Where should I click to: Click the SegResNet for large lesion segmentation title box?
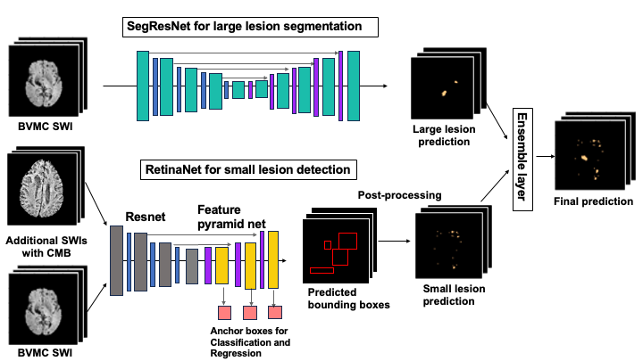point(250,27)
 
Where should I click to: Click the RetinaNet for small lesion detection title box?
point(248,169)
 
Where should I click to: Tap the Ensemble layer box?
point(522,160)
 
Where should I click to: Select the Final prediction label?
point(593,201)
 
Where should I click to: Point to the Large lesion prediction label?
point(444,135)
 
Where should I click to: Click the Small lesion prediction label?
point(454,295)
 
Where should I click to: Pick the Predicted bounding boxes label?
point(348,299)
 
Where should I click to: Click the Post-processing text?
point(399,195)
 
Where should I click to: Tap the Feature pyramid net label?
point(231,217)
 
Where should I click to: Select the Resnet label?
point(146,217)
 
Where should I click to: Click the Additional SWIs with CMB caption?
point(46,246)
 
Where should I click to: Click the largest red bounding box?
point(347,241)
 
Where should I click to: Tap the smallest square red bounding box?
point(328,245)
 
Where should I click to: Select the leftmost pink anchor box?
point(224,313)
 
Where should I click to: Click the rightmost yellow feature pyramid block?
point(273,259)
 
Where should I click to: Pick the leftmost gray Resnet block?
point(116,260)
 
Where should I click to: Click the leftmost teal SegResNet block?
point(143,86)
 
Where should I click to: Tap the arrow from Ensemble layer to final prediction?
point(546,156)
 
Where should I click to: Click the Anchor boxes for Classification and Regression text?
point(250,342)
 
